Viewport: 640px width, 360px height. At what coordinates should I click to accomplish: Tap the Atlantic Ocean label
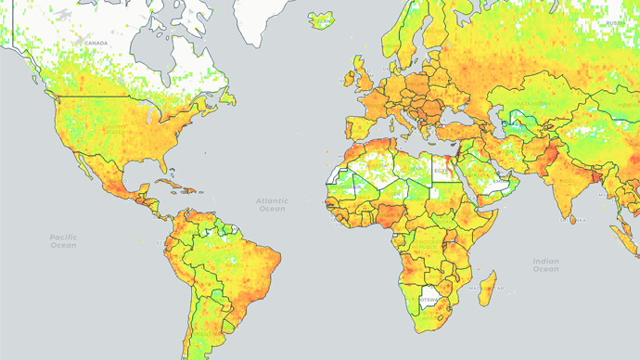click(x=273, y=204)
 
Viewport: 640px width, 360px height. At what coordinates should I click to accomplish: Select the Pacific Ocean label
click(x=63, y=241)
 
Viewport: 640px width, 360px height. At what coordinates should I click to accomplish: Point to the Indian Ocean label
click(x=546, y=265)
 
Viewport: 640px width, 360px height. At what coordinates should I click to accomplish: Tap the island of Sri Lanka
click(x=570, y=219)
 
